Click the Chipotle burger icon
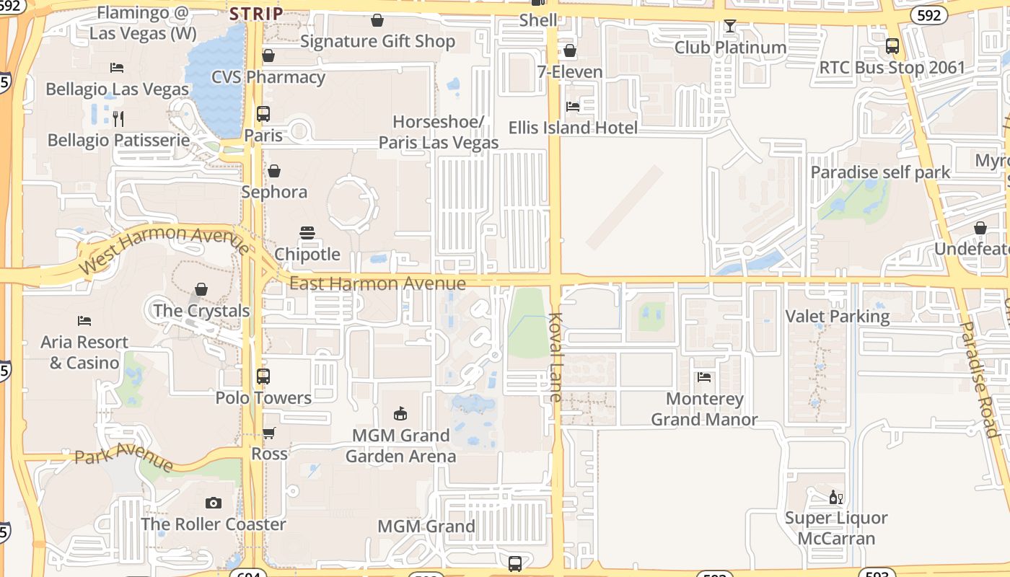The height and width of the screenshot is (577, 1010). (x=307, y=233)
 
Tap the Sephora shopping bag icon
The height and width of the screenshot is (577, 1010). (x=274, y=171)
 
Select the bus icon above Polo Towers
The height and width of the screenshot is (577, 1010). (x=263, y=376)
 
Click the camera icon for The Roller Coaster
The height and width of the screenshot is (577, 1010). (x=213, y=503)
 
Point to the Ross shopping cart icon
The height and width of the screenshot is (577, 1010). (x=268, y=433)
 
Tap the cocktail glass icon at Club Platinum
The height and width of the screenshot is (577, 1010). (x=730, y=27)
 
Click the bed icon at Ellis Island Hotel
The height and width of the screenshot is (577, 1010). (x=573, y=107)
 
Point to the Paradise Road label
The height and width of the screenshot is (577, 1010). (x=978, y=379)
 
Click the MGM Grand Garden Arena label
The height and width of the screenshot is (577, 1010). (x=400, y=446)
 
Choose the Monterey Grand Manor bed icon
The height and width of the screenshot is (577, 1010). (x=704, y=376)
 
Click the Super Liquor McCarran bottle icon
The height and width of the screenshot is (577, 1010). (x=836, y=497)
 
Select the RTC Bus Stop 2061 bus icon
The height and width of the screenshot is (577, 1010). (x=892, y=46)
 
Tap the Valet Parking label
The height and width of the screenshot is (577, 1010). (x=837, y=316)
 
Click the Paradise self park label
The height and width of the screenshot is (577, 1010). (x=880, y=172)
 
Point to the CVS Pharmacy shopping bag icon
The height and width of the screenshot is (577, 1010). (x=268, y=56)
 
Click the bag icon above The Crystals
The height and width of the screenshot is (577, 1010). (x=201, y=289)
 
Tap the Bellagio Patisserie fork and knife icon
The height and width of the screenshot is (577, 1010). (x=119, y=118)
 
